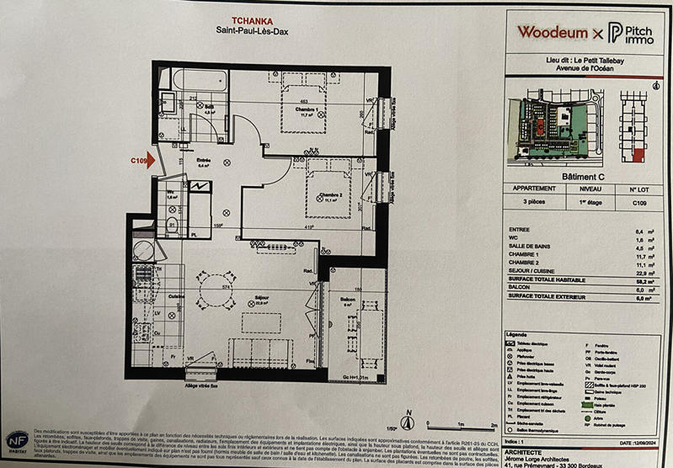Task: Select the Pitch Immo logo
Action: (627, 33)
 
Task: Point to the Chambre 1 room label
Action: (293, 109)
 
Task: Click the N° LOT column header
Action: (642, 189)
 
